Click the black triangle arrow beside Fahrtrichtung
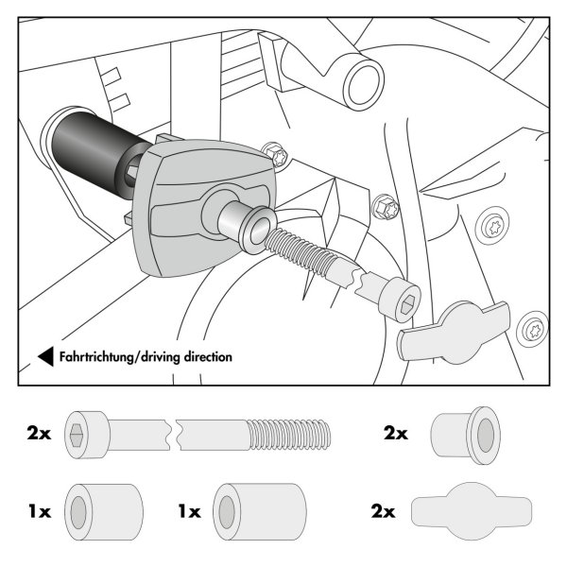[x=47, y=356]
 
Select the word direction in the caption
[x=208, y=357]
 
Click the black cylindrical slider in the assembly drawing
[x=97, y=153]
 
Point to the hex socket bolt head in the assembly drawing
[x=401, y=300]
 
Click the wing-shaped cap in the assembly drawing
[x=455, y=332]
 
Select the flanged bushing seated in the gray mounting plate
[x=248, y=227]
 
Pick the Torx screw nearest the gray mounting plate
[x=276, y=155]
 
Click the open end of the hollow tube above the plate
[x=364, y=84]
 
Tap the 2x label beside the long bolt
[x=39, y=433]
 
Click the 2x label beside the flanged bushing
[x=396, y=433]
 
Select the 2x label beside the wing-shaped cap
[x=383, y=511]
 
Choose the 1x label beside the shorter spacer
[x=40, y=511]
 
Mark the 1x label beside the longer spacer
[x=190, y=511]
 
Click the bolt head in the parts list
[x=87, y=435]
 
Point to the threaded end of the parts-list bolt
[x=289, y=435]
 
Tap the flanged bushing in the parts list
[x=466, y=435]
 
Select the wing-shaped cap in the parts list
[x=472, y=511]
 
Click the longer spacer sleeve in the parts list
[x=260, y=511]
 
